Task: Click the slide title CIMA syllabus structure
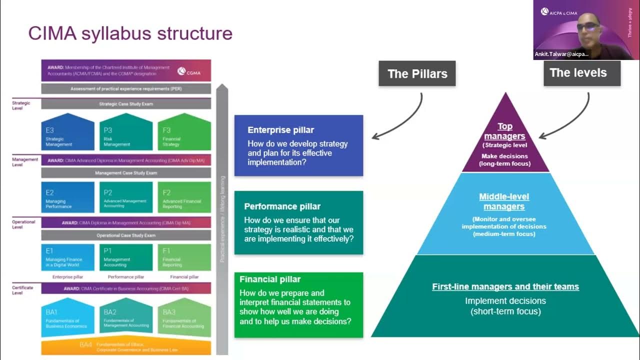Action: (130, 33)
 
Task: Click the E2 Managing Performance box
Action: (67, 197)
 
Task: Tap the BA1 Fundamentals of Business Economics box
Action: (67, 319)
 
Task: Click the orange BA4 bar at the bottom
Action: (126, 347)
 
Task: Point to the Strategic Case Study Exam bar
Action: (126, 104)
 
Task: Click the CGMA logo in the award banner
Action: (189, 71)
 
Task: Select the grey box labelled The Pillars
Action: (417, 74)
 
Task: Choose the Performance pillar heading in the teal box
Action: (282, 206)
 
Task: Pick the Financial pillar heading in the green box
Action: (270, 279)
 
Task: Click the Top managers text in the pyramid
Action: (505, 131)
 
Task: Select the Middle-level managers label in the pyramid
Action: (504, 201)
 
